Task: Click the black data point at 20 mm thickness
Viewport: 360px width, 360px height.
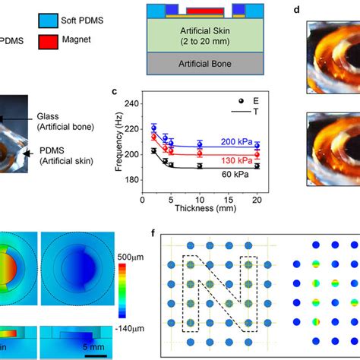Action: [x=256, y=166]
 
